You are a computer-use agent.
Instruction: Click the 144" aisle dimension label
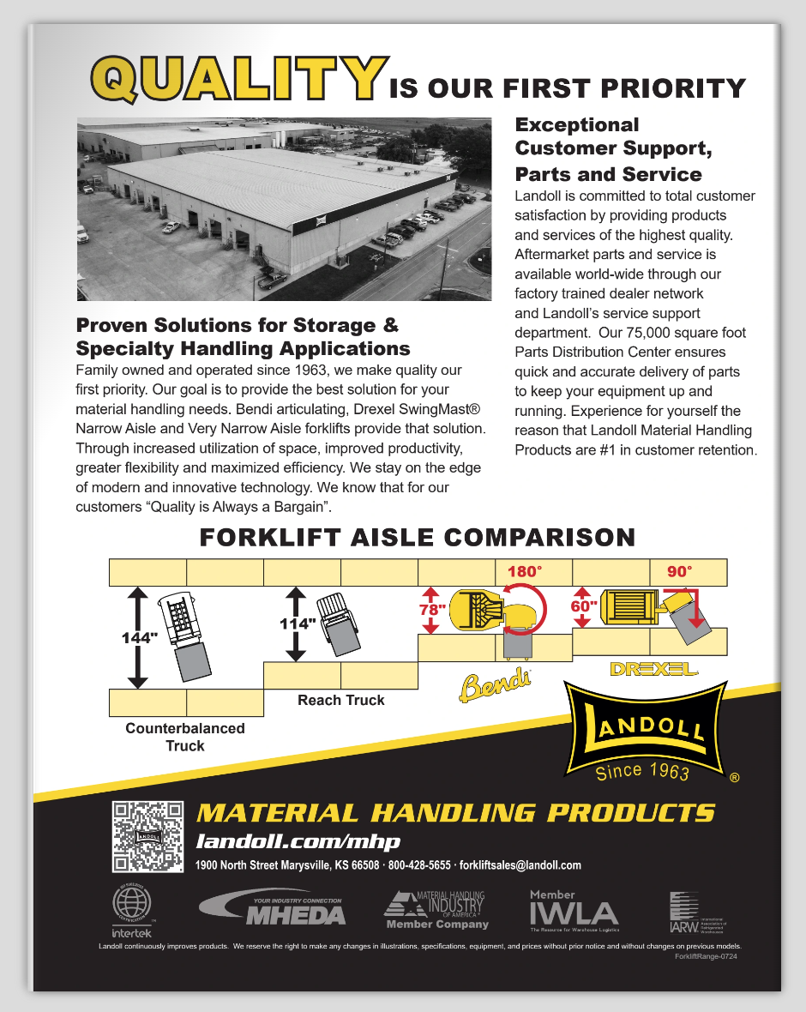pos(140,638)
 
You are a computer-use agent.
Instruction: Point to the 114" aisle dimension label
pos(298,623)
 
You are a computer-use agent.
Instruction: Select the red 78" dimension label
pos(432,610)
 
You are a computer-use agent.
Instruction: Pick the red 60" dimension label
pos(584,605)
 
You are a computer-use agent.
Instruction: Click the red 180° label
pos(525,571)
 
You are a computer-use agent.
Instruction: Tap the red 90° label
pos(679,571)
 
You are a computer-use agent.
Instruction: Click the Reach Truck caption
pos(341,700)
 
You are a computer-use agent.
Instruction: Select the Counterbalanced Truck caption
pos(185,737)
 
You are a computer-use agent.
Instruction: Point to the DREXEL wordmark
pos(653,668)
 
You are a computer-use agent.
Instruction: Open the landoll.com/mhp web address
pos(298,841)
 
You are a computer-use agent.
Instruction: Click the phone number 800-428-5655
pos(419,865)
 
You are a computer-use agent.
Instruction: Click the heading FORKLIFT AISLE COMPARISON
pos(417,538)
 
